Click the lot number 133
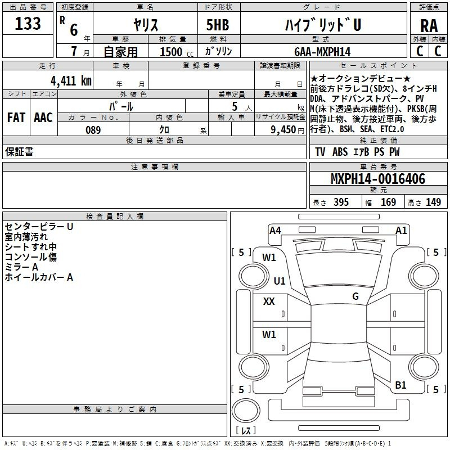[28, 24]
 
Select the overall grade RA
[429, 26]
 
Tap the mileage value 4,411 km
[71, 81]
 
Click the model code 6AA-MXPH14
[322, 52]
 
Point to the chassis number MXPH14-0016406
[378, 179]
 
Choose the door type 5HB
[218, 25]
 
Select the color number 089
[93, 130]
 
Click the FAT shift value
[16, 118]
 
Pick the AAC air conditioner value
[43, 118]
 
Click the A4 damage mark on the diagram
[275, 231]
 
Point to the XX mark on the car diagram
[269, 301]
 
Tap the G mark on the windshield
[355, 296]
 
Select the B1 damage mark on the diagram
[400, 385]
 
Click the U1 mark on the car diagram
[280, 281]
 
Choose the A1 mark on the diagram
[401, 231]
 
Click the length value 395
[341, 202]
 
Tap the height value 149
[433, 202]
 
